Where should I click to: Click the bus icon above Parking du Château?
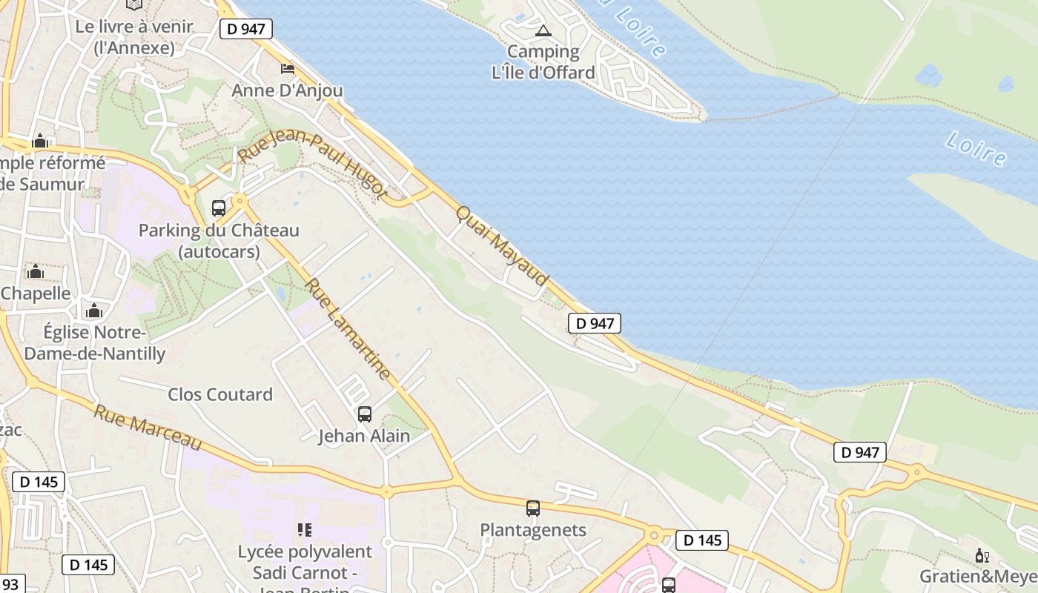coord(219,208)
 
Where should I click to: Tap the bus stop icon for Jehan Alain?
coord(364,414)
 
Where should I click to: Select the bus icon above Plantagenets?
coord(533,508)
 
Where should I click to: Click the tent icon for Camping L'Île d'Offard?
coord(543,31)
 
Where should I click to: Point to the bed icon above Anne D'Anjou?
coord(288,69)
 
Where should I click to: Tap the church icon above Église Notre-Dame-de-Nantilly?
coord(94,311)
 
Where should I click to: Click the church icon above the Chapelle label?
coord(36,272)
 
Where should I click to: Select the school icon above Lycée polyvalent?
coord(304,529)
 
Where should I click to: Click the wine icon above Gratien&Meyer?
coord(982,555)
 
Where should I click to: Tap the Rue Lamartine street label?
coord(348,329)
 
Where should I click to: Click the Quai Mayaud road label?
coord(502,245)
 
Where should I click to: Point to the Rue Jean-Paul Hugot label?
coord(313,165)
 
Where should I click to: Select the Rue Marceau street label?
coord(148,428)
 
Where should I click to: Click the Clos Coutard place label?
coord(220,394)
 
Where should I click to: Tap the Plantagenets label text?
coord(533,530)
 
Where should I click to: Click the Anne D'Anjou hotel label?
coord(288,90)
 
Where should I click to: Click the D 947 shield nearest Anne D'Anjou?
coord(246,29)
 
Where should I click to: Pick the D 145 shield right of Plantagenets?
coord(702,540)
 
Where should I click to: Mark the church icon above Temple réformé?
coord(40,142)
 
